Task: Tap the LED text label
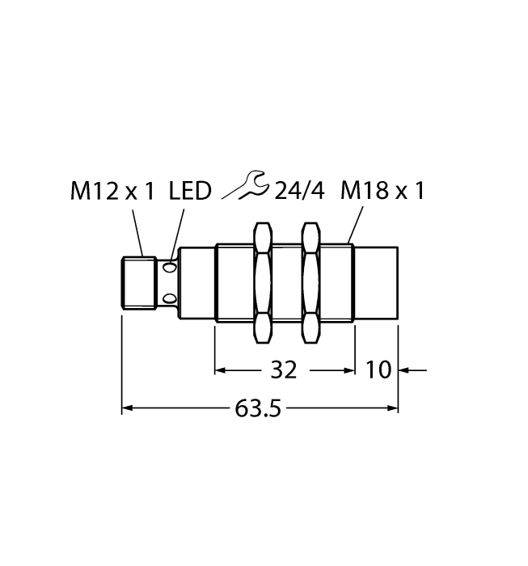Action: [190, 192]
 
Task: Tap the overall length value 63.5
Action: [258, 409]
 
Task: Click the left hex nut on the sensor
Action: [262, 282]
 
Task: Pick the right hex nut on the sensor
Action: [310, 282]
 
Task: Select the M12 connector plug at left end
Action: [138, 282]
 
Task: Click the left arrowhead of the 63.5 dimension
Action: [127, 409]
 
